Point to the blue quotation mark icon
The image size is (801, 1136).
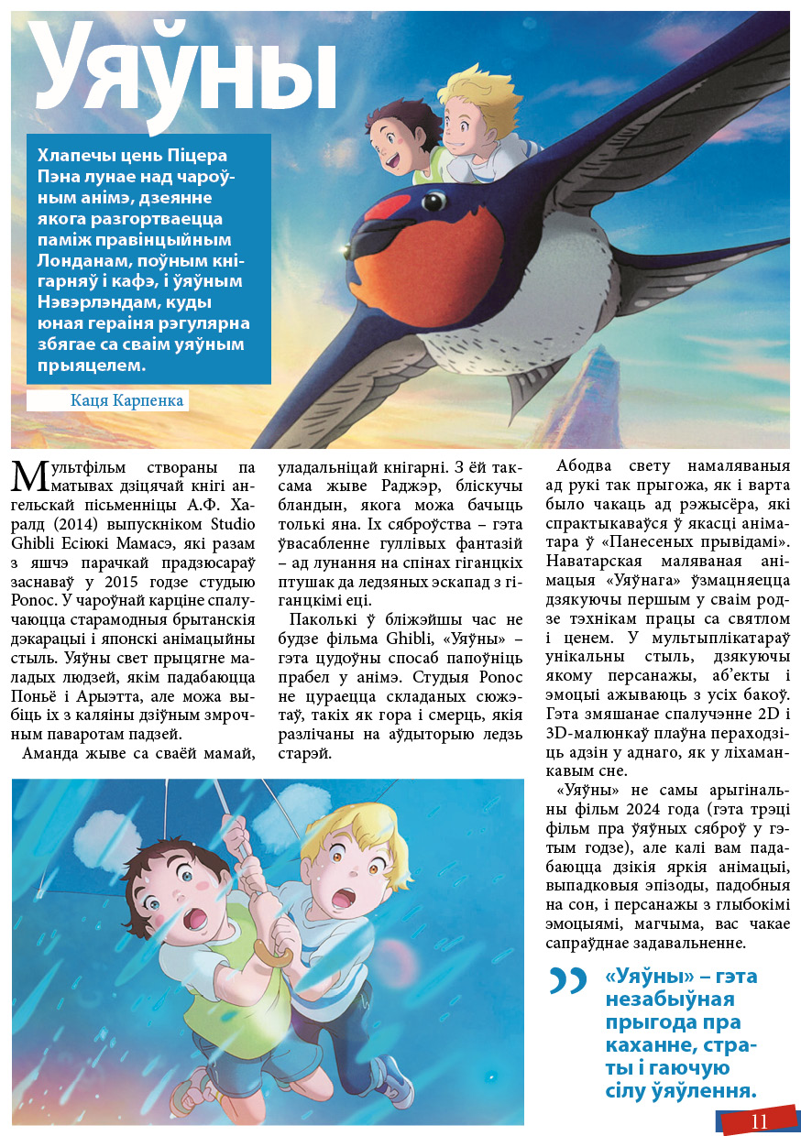click(x=568, y=981)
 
